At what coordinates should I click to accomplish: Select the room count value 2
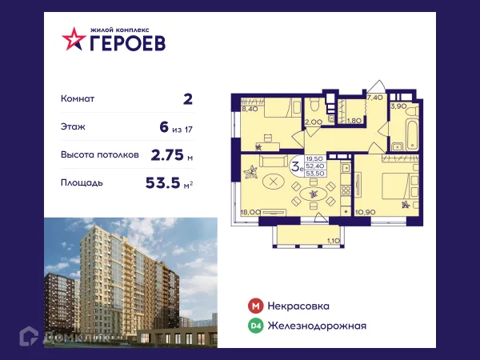(187, 98)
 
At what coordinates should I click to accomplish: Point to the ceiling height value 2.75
(166, 154)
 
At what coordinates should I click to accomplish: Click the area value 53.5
(162, 182)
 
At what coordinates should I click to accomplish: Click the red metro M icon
(255, 306)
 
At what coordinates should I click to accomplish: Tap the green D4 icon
(255, 325)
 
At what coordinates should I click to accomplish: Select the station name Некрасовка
(299, 306)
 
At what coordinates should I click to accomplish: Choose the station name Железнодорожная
(318, 325)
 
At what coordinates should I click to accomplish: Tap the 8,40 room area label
(250, 109)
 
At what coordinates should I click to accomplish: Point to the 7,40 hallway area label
(374, 97)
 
